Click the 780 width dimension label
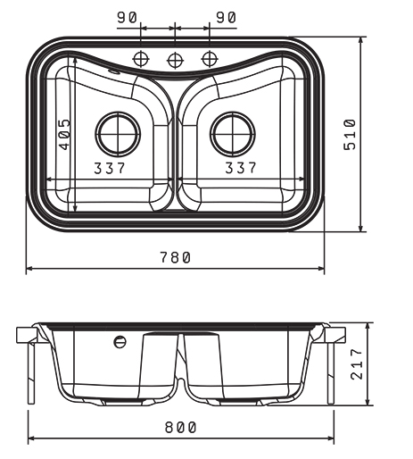point(175,257)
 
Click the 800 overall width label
point(180,428)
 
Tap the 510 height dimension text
point(350,135)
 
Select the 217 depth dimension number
point(357,364)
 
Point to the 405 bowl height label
point(64,134)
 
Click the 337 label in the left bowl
point(110,168)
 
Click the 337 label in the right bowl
point(241,168)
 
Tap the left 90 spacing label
point(127,17)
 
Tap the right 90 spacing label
point(227,17)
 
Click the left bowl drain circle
point(118,134)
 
